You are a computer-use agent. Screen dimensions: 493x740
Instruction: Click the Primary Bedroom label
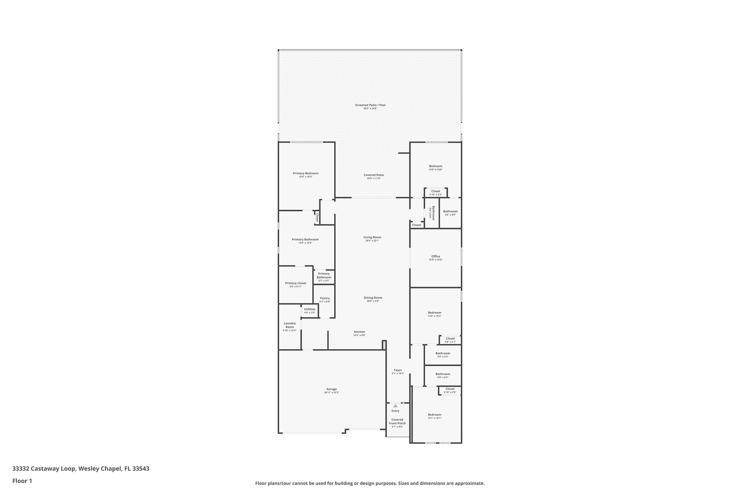(305, 173)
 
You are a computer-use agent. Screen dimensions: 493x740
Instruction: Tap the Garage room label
(331, 389)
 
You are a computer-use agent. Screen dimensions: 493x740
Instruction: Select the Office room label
(435, 256)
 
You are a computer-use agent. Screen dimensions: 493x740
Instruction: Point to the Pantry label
(324, 298)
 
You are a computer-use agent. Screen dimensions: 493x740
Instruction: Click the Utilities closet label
(309, 309)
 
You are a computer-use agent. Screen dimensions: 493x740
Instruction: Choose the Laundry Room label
(289, 325)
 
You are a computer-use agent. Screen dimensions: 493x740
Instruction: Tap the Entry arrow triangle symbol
(395, 406)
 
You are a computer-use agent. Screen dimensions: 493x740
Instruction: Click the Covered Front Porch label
(397, 421)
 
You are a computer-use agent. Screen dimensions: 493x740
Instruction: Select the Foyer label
(397, 370)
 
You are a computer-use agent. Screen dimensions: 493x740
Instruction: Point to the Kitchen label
(359, 332)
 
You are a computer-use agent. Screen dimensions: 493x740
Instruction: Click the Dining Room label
(373, 298)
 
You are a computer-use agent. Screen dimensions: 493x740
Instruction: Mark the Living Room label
(372, 237)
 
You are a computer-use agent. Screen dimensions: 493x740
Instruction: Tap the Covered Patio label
(374, 175)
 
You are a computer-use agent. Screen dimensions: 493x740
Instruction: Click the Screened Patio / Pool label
(370, 105)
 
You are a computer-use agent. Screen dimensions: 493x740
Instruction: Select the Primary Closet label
(295, 283)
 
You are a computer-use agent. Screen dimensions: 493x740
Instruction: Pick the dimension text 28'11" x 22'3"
(331, 393)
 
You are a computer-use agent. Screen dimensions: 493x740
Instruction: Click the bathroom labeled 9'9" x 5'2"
(443, 353)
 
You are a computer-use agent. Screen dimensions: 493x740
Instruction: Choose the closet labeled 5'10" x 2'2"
(435, 191)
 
